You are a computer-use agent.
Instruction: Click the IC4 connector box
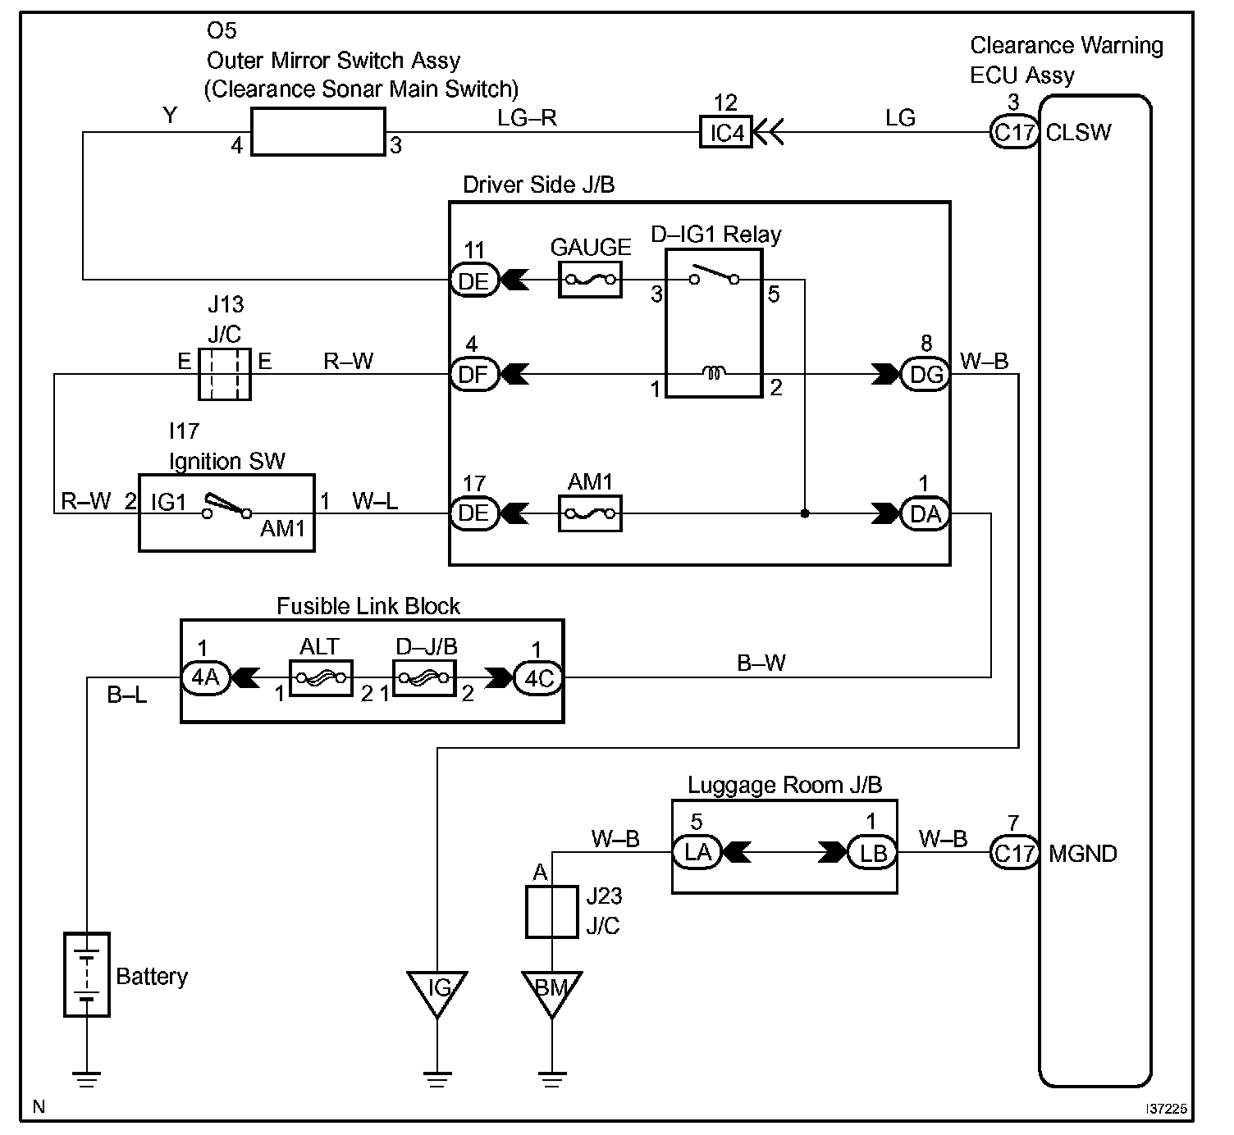[726, 132]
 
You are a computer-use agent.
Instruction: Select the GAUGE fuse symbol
[590, 280]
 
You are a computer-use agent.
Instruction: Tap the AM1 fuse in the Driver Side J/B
[590, 513]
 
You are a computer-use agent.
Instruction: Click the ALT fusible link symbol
[321, 678]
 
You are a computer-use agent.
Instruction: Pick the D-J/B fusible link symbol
[424, 678]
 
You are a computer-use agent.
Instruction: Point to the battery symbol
[87, 975]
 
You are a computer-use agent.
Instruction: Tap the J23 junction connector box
[552, 912]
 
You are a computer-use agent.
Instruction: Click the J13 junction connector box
[225, 375]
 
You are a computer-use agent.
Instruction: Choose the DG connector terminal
[925, 374]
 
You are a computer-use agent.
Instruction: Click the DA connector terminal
[925, 513]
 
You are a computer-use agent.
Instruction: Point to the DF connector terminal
[474, 374]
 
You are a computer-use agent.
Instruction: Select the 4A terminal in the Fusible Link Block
[205, 677]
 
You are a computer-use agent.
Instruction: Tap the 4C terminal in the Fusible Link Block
[538, 677]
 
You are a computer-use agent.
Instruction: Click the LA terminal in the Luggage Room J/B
[697, 852]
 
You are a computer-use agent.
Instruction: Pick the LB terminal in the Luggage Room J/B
[872, 852]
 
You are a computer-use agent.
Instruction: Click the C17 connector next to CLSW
[1014, 132]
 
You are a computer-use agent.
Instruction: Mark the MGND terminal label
[1083, 854]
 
